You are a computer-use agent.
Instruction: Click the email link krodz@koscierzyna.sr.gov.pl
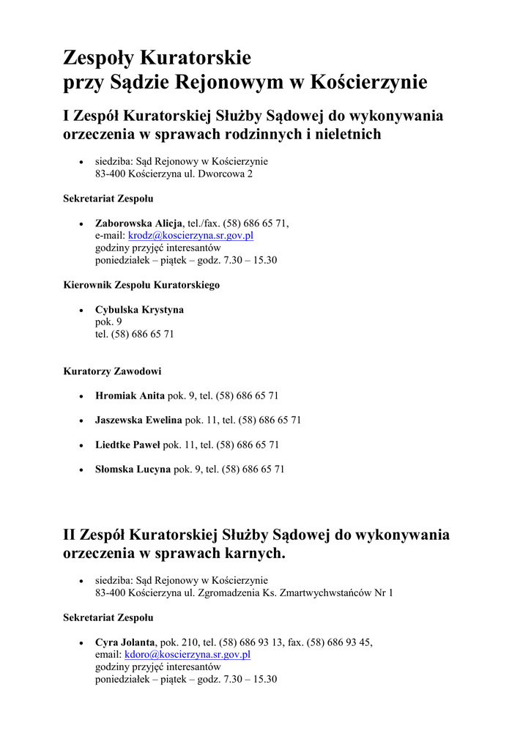click(x=190, y=236)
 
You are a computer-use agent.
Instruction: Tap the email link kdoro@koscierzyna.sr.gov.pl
click(x=187, y=655)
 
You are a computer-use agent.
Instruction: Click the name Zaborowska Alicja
click(x=138, y=223)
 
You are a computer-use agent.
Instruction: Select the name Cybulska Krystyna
click(x=139, y=310)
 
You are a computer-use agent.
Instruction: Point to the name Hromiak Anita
click(x=130, y=396)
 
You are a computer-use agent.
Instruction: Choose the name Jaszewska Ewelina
click(x=138, y=420)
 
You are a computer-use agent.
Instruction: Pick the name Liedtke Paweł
click(x=127, y=445)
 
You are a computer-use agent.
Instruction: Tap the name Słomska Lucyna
click(x=133, y=469)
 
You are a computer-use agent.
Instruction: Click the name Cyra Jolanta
click(x=125, y=642)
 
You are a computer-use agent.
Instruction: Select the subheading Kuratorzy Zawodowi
click(x=112, y=371)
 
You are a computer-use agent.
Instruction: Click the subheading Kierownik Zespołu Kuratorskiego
click(x=141, y=285)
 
